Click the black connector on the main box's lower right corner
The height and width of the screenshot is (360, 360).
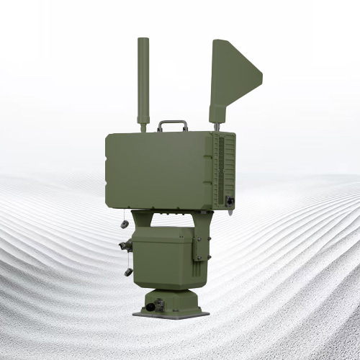(230, 201)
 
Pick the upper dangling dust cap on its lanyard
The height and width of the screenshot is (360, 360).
(123, 224)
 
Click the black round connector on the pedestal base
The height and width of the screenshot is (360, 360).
(150, 307)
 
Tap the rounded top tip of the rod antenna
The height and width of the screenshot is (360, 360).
(142, 41)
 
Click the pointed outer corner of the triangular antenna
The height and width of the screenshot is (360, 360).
(260, 75)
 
